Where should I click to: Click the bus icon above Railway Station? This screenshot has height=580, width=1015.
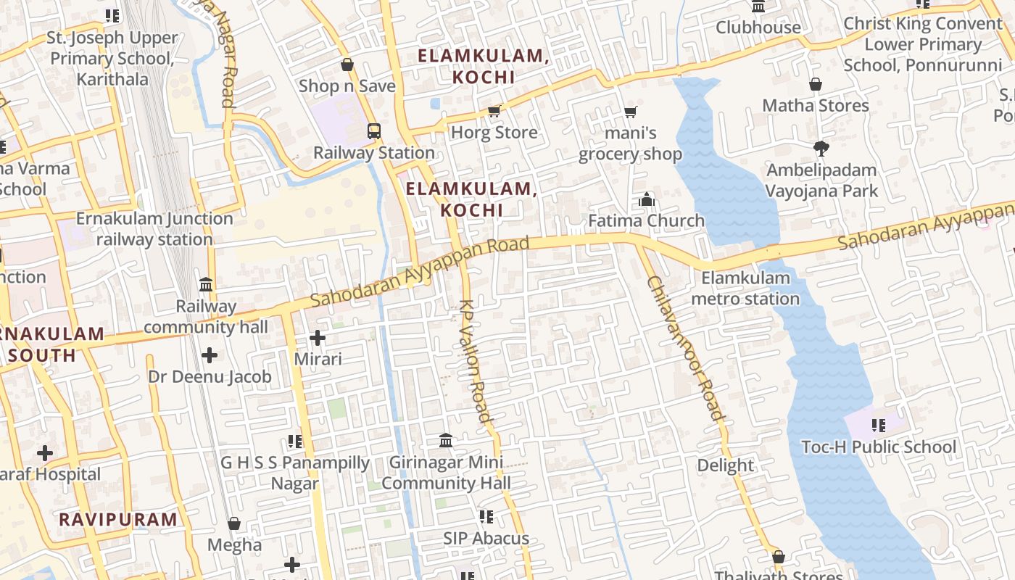(x=374, y=131)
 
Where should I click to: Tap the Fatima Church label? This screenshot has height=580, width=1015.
(x=646, y=220)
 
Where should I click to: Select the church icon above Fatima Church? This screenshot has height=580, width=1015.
(x=647, y=199)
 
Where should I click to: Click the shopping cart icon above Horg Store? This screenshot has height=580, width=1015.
(x=494, y=111)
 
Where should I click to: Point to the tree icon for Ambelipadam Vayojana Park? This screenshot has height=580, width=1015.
(x=821, y=149)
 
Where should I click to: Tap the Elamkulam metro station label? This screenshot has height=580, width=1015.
(x=745, y=288)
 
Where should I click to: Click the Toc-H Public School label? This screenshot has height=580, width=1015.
(x=879, y=447)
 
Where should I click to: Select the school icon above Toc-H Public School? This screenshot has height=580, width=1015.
(x=879, y=426)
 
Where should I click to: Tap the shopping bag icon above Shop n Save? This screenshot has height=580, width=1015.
(x=347, y=65)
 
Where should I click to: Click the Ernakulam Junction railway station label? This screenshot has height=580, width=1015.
(x=154, y=228)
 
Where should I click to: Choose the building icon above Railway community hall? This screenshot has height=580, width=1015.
(x=206, y=284)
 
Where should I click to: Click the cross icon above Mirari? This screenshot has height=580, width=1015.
(x=318, y=338)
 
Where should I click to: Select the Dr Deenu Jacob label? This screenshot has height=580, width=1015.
(x=210, y=376)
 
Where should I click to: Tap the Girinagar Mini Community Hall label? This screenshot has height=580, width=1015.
(x=446, y=472)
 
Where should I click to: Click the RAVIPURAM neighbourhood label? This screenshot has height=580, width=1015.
(x=117, y=519)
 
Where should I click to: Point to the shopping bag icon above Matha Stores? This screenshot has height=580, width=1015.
(x=816, y=84)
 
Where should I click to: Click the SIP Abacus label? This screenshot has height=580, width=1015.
(x=486, y=538)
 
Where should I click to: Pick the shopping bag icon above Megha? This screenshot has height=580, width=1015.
(x=234, y=523)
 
